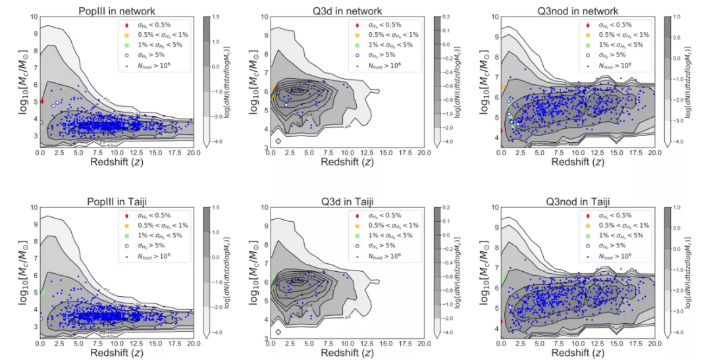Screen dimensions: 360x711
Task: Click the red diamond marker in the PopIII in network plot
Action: point(42,101)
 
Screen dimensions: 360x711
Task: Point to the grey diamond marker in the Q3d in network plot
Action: point(278,141)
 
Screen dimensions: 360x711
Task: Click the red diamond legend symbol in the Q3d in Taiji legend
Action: point(357,215)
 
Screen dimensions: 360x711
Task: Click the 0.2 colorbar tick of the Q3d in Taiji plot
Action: point(448,207)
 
